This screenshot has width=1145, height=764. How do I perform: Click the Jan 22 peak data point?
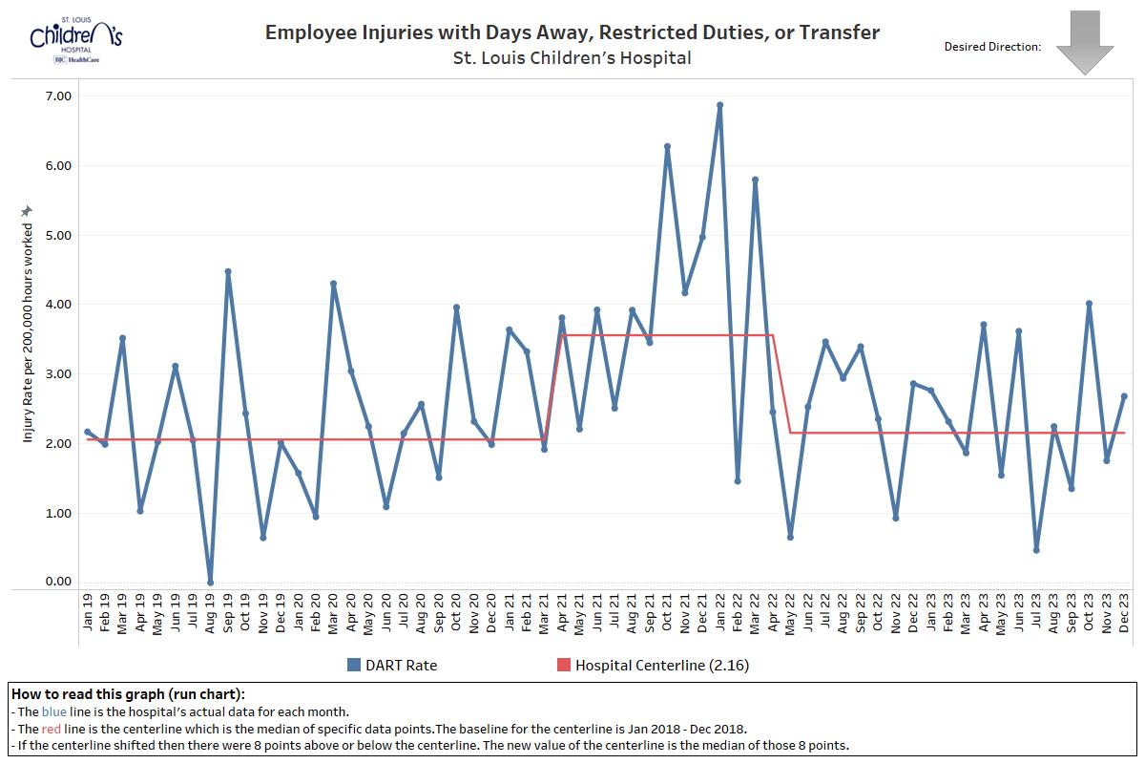(719, 105)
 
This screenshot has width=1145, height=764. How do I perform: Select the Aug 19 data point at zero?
(210, 583)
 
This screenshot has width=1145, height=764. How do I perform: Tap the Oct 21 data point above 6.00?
(667, 146)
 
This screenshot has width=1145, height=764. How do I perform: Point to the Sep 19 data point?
(228, 271)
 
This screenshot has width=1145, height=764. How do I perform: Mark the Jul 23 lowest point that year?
(1036, 550)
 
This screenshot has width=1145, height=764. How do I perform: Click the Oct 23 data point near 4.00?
(1089, 304)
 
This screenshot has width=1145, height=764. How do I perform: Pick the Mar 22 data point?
(755, 180)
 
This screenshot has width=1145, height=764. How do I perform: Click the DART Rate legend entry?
(392, 665)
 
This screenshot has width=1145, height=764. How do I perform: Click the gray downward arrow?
(1085, 42)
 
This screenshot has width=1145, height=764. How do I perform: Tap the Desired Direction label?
(992, 46)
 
